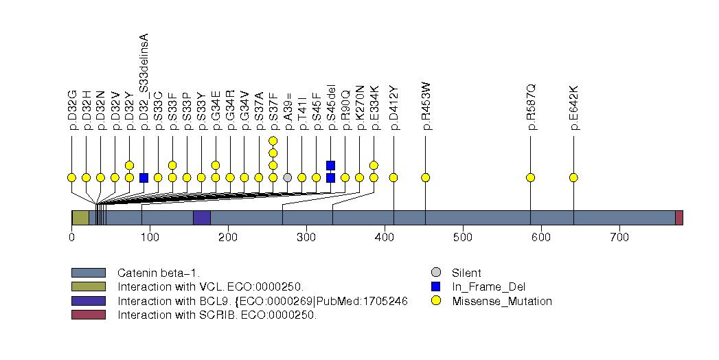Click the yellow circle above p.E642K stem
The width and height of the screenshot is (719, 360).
coord(573,177)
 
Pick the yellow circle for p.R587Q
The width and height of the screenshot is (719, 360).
coord(530,177)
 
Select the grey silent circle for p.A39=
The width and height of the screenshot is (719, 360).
coord(287,177)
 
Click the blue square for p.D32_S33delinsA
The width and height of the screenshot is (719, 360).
coord(144,177)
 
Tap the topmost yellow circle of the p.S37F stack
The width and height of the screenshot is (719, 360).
coord(273,141)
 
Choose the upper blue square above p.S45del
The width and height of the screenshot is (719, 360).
coord(330,165)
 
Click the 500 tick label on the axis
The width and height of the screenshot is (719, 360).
coord(463,238)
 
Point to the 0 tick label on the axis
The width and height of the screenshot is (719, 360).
coord(71,238)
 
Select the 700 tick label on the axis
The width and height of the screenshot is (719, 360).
coord(619,238)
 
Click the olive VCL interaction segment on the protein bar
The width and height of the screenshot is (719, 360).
coord(80,218)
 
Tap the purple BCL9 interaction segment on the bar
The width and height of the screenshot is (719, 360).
coord(201,218)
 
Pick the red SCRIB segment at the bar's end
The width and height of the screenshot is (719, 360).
coord(678,218)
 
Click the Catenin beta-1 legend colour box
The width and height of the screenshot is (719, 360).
coord(88,272)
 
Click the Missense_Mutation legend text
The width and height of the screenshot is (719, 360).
coord(502,301)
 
